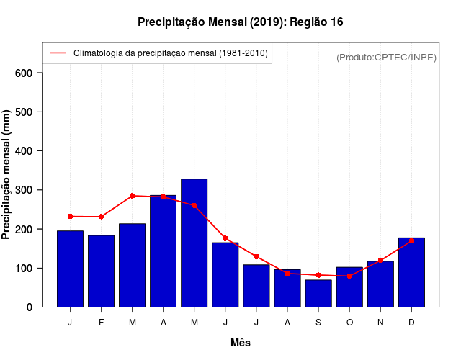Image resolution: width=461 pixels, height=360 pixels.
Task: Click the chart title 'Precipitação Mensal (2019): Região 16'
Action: pos(240,22)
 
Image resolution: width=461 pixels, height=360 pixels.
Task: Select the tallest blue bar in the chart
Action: pos(194,243)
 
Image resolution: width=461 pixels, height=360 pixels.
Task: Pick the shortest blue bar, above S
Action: pos(318,293)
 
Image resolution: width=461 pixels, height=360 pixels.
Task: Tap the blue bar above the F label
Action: pos(101,271)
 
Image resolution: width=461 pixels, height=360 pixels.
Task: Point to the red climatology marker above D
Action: pos(411,240)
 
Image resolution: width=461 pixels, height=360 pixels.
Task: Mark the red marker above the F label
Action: pos(101,217)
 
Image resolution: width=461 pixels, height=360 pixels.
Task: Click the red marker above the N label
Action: pos(380,261)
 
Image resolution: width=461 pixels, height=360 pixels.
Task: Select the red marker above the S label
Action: pos(318,275)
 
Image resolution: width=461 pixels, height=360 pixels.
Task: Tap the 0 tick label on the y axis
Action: pos(29,307)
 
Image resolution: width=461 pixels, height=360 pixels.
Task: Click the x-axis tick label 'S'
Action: pos(318,323)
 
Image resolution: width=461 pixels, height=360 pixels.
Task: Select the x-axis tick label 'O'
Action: pos(349,323)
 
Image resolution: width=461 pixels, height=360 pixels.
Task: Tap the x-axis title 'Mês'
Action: pos(241,343)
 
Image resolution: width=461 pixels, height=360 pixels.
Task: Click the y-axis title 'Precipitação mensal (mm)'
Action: pos(7,175)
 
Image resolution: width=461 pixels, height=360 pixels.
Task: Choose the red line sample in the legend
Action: pos(58,53)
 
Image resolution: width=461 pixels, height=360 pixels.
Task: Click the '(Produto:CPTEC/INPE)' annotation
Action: pos(386,57)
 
